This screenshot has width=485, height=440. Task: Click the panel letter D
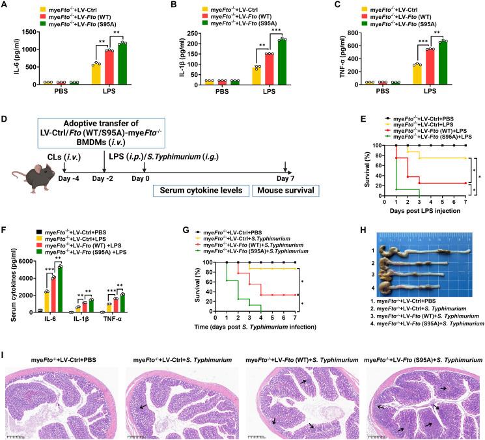click(x=5, y=120)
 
